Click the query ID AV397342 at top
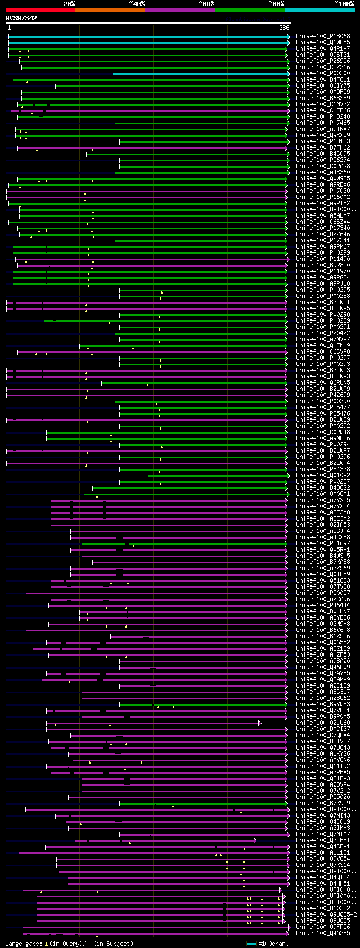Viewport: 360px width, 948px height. click(x=21, y=18)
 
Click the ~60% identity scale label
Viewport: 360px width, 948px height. click(x=206, y=4)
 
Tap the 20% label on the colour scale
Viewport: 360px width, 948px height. click(x=69, y=4)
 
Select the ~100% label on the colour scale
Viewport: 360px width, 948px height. click(x=344, y=4)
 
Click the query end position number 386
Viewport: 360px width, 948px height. click(x=284, y=28)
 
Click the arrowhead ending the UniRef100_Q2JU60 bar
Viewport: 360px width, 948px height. click(x=260, y=723)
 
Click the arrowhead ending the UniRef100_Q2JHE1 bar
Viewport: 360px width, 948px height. click(x=255, y=841)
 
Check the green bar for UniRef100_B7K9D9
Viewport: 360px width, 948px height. click(x=202, y=803)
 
